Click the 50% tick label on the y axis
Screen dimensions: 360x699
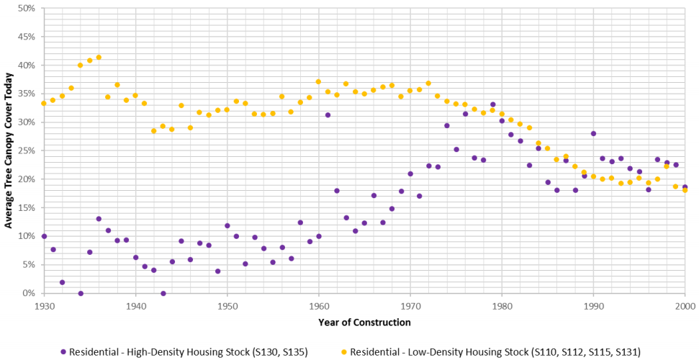point(27,9)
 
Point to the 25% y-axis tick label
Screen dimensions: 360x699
point(27,150)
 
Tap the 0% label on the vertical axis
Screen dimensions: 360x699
point(29,293)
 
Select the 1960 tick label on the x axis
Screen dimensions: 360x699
point(318,306)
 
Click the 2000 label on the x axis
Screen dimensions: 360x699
point(685,306)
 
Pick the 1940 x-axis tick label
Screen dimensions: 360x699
point(135,306)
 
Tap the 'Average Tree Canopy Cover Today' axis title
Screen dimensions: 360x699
point(9,150)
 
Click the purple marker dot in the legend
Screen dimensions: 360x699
point(64,351)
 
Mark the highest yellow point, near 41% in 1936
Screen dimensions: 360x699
point(99,58)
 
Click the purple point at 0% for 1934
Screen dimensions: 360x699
point(81,293)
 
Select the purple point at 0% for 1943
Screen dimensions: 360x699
point(163,293)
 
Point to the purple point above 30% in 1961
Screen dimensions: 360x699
point(328,115)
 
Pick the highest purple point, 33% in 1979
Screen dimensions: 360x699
point(492,104)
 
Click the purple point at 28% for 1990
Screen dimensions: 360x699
point(593,133)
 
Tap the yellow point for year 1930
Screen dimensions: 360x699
point(44,103)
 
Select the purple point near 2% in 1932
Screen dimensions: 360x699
point(62,282)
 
